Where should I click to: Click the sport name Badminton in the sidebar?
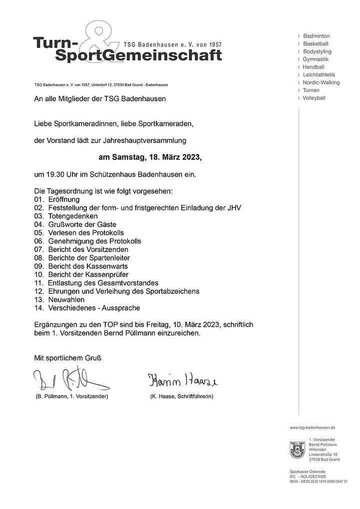click(316, 36)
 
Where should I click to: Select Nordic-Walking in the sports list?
click(321, 82)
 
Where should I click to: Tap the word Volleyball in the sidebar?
click(314, 98)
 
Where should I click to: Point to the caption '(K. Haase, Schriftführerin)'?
click(181, 396)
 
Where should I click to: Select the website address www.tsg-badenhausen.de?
click(312, 428)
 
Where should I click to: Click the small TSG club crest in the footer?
click(297, 450)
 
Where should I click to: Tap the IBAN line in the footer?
click(318, 481)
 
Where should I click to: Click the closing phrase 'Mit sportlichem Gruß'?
click(69, 358)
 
